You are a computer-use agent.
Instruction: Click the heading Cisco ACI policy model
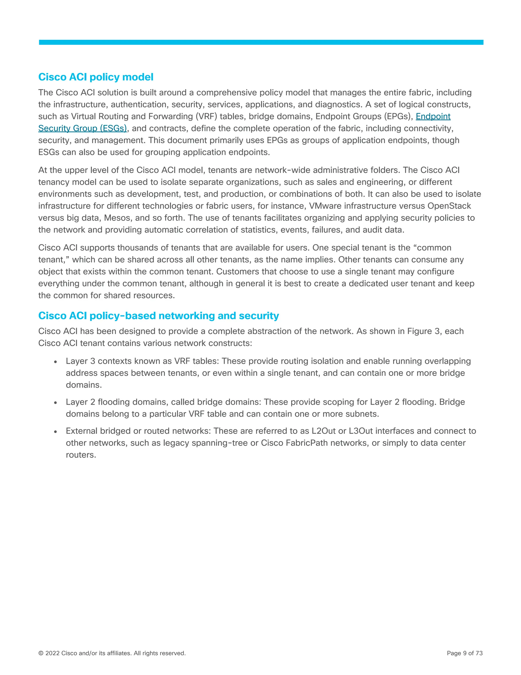click(96, 77)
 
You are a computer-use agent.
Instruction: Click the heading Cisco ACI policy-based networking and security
click(158, 316)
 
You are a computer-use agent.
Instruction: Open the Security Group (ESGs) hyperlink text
click(82, 128)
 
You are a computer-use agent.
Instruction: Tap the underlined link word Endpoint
click(433, 116)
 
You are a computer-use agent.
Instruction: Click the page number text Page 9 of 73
click(465, 653)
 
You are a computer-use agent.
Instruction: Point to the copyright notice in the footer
click(112, 653)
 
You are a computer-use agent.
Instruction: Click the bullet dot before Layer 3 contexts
click(55, 362)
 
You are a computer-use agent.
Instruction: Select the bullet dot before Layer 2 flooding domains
click(55, 402)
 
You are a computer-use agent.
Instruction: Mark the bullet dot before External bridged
click(55, 431)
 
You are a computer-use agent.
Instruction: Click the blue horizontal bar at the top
click(261, 42)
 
